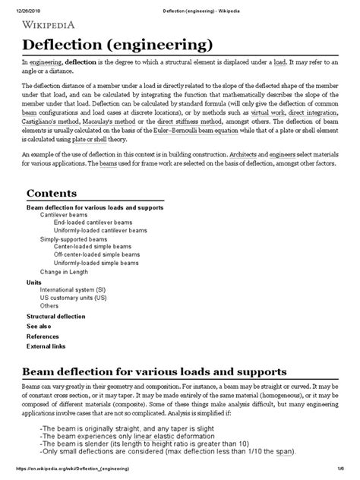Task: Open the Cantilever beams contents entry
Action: pos(65,215)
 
